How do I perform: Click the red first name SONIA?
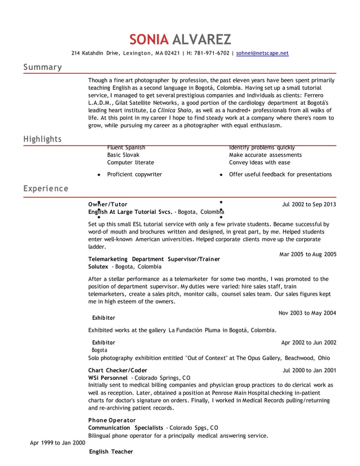pyautogui.click(x=149, y=39)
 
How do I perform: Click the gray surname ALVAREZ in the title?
pyautogui.click(x=201, y=39)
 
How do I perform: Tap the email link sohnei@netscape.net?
pyautogui.click(x=262, y=53)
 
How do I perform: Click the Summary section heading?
pyautogui.click(x=42, y=67)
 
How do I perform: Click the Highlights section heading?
pyautogui.click(x=42, y=139)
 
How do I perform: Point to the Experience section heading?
pyautogui.click(x=46, y=188)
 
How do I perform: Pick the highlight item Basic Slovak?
pyautogui.click(x=123, y=155)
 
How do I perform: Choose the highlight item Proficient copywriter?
pyautogui.click(x=134, y=174)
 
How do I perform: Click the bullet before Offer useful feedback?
pyautogui.click(x=221, y=175)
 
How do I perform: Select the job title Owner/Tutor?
pyautogui.click(x=108, y=204)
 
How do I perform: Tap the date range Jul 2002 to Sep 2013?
pyautogui.click(x=309, y=204)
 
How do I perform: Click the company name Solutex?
pyautogui.click(x=98, y=266)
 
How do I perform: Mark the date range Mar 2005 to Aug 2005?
pyautogui.click(x=308, y=254)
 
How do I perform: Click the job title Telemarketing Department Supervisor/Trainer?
pyautogui.click(x=154, y=259)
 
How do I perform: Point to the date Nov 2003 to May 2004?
pyautogui.click(x=307, y=313)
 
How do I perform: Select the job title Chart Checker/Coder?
pyautogui.click(x=117, y=370)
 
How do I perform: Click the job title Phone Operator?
pyautogui.click(x=112, y=420)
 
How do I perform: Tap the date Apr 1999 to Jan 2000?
pyautogui.click(x=57, y=443)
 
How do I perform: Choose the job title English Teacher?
pyautogui.click(x=111, y=451)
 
